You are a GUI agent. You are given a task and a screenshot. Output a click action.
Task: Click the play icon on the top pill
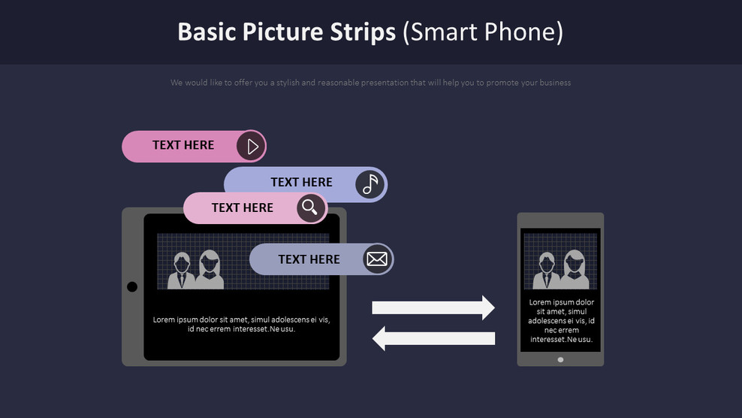click(252, 146)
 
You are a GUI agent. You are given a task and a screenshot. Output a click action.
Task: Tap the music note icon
click(369, 184)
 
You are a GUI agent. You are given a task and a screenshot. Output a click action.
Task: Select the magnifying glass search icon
click(310, 207)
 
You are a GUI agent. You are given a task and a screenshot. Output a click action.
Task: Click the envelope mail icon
click(377, 259)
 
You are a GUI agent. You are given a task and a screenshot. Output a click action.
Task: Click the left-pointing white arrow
click(433, 338)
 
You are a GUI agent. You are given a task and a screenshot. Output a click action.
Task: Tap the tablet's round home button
click(132, 286)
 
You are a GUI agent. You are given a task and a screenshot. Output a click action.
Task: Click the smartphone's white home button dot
click(560, 359)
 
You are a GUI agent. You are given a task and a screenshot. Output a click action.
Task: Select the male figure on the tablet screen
click(181, 271)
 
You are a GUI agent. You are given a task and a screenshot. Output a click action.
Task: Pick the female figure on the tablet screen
click(210, 271)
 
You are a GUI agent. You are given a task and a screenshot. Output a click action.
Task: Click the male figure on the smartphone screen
click(547, 271)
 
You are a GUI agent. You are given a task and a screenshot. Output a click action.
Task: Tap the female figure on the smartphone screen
click(576, 270)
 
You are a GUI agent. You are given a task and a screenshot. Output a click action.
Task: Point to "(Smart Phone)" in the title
click(483, 32)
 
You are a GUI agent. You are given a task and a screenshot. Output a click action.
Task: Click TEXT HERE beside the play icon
click(183, 146)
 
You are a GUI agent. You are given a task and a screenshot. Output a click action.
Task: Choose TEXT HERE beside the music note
click(301, 183)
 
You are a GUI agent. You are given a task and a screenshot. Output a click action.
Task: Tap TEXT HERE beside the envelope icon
click(309, 259)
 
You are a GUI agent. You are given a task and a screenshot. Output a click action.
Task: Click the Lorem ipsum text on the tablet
click(241, 324)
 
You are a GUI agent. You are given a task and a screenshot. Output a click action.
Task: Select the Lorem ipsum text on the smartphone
click(560, 321)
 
